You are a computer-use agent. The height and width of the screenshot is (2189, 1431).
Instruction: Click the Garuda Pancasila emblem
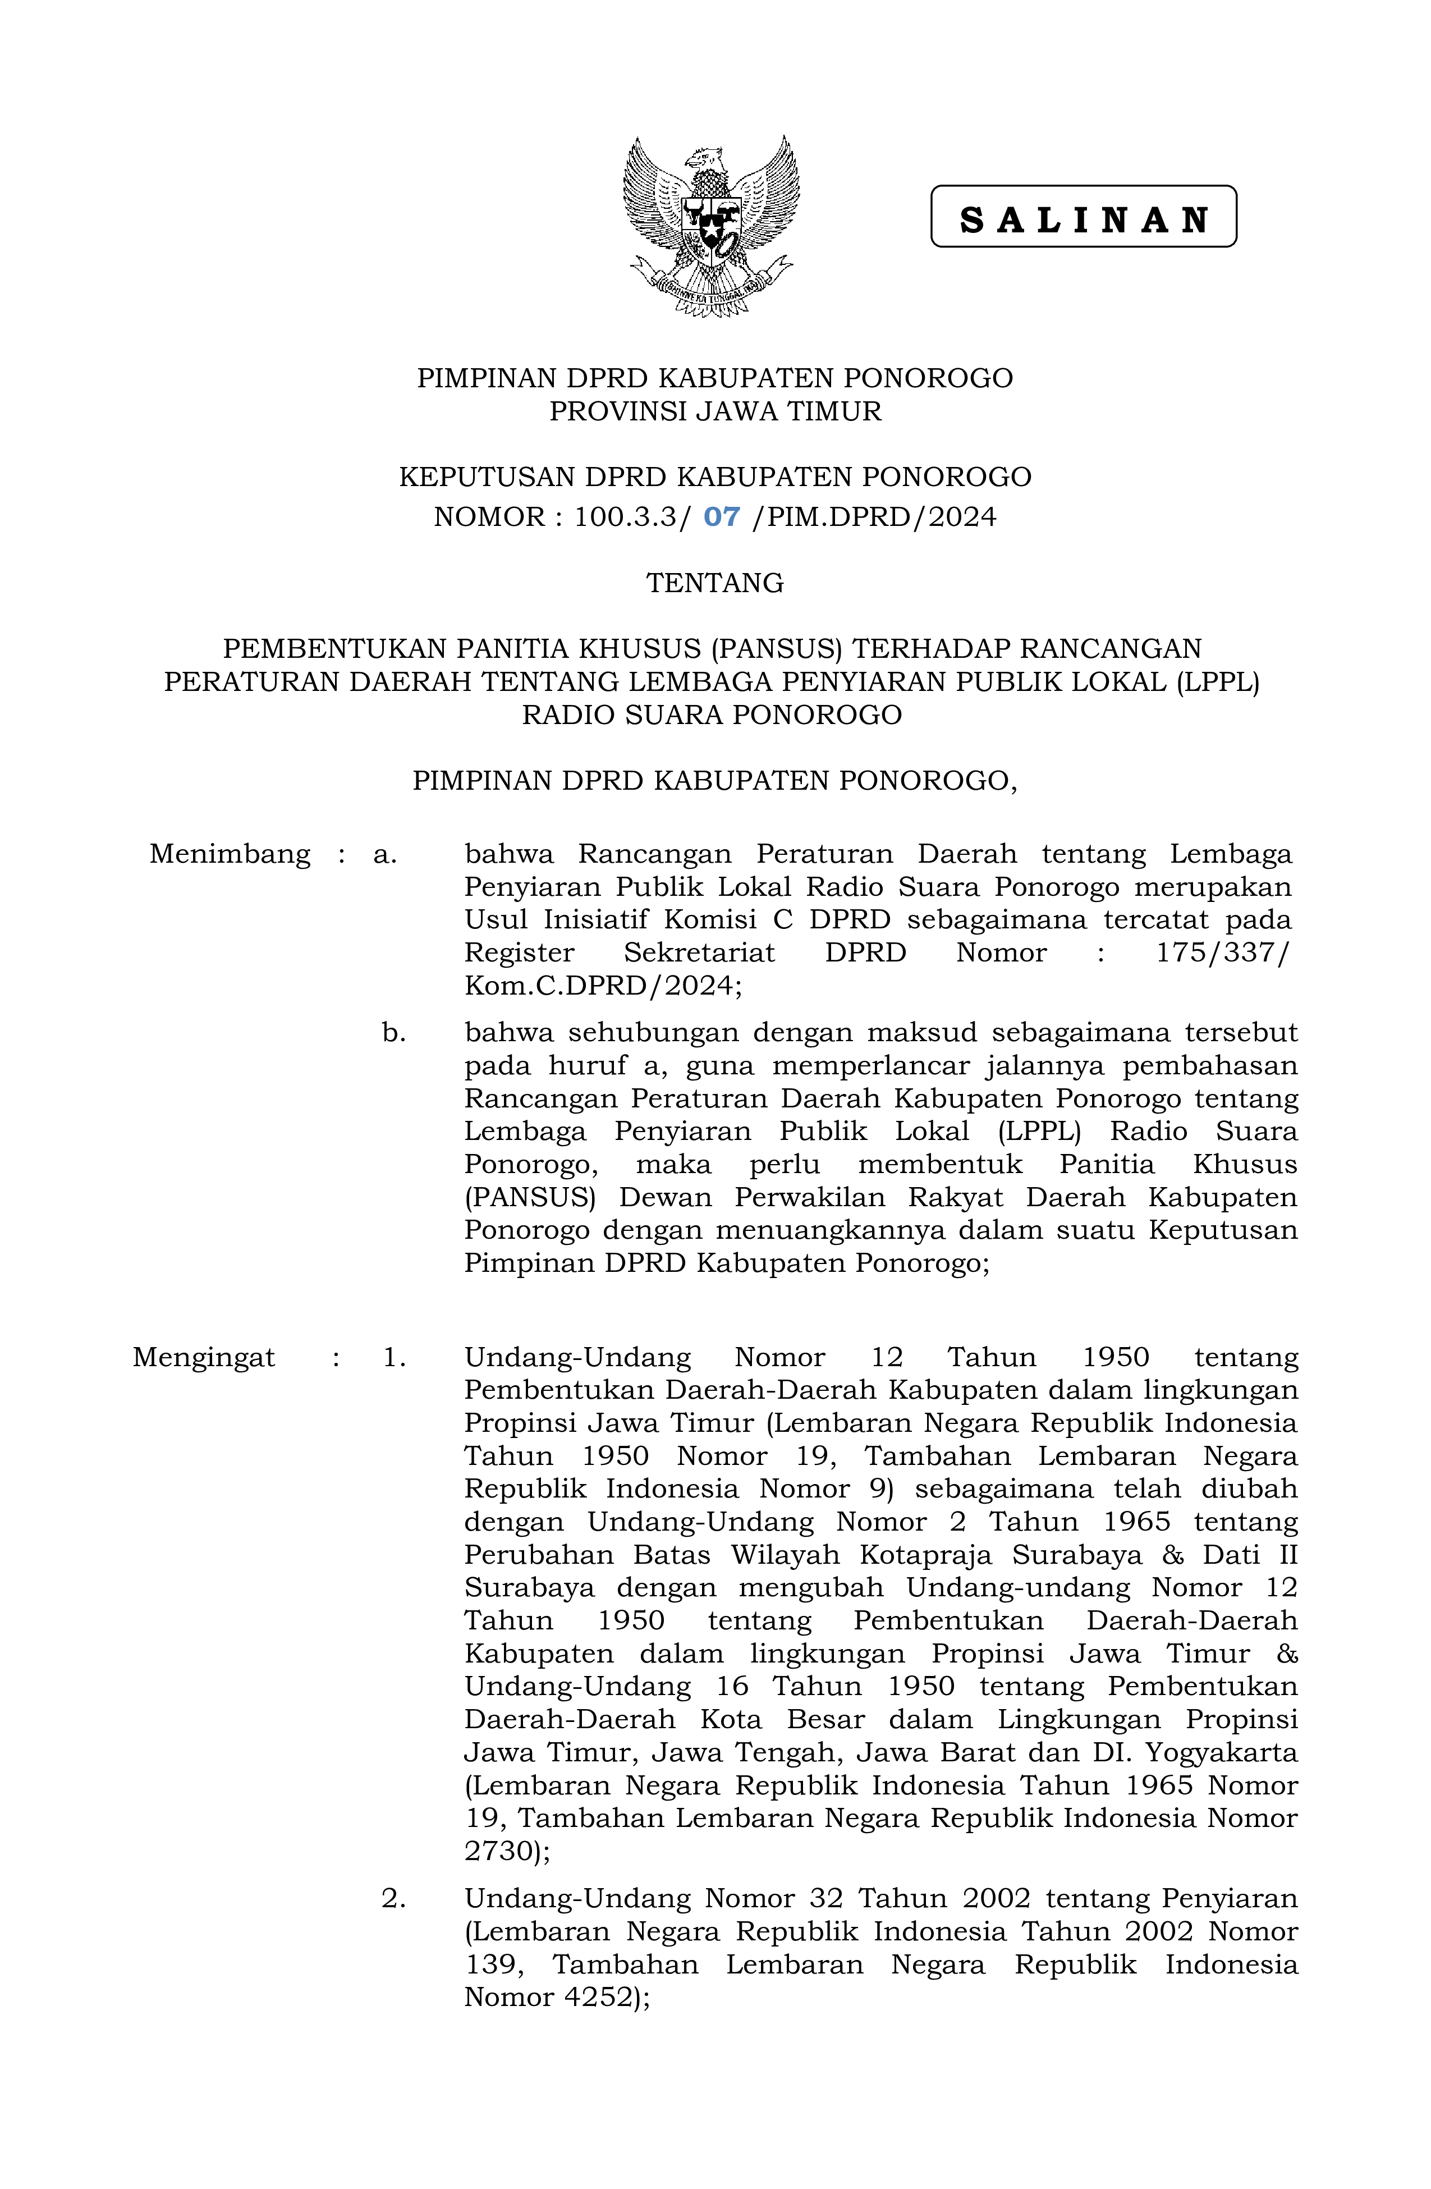(711, 226)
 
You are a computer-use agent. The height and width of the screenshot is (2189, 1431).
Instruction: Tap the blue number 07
(721, 517)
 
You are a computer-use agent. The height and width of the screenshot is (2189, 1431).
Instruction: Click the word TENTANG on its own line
(714, 583)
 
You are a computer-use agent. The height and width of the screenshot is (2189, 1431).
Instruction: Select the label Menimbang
(230, 854)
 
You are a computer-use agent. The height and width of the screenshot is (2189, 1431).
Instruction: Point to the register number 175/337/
(1222, 953)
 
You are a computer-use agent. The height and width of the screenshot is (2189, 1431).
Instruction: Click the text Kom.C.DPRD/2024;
(602, 986)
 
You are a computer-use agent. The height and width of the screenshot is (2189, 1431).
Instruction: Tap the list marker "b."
(393, 1033)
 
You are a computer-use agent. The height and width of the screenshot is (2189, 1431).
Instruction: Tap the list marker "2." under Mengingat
(393, 1898)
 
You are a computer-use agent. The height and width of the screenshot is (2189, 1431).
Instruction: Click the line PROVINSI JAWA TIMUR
(714, 411)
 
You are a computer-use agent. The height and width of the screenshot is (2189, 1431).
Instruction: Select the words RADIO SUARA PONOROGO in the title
(712, 715)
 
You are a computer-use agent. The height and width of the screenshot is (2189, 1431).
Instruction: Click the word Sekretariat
(699, 953)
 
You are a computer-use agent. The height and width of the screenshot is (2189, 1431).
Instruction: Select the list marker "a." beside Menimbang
(384, 854)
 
